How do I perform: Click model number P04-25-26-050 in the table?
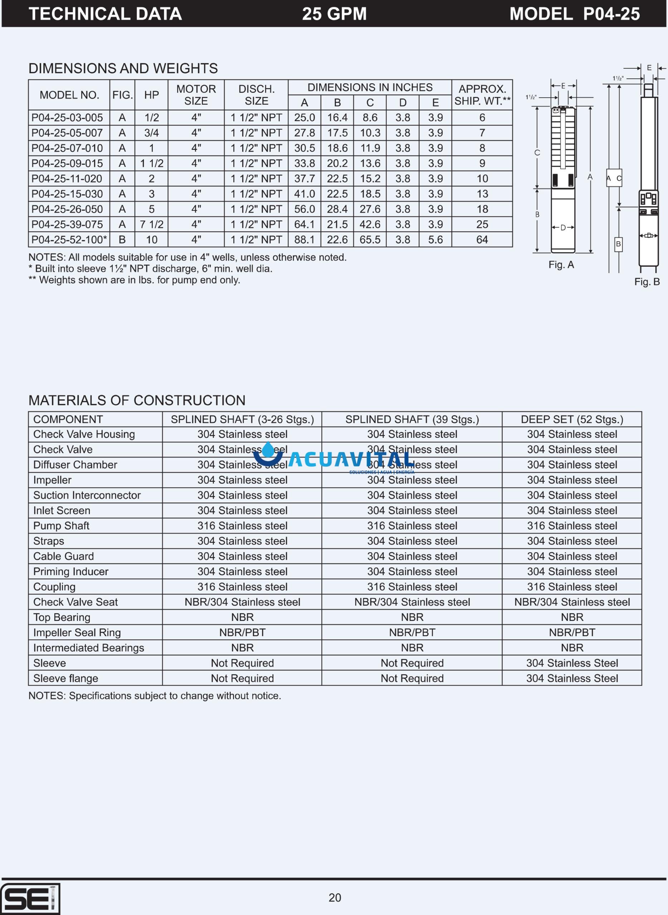click(x=67, y=209)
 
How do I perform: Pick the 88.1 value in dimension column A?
click(x=304, y=239)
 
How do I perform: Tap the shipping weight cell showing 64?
click(x=482, y=239)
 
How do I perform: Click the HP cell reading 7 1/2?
click(x=152, y=224)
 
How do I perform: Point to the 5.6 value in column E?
click(x=435, y=239)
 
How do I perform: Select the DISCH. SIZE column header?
click(x=257, y=95)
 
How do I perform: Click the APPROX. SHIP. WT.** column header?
click(x=482, y=95)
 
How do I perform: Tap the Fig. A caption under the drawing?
click(x=561, y=264)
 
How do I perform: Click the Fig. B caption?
click(x=647, y=282)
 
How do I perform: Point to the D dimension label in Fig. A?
click(x=563, y=228)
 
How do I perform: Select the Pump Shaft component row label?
click(x=61, y=526)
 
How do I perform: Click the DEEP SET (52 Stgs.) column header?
click(x=572, y=419)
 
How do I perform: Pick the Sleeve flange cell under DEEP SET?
click(x=572, y=678)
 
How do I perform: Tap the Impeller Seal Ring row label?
click(x=77, y=633)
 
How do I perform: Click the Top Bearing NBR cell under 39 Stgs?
click(x=412, y=617)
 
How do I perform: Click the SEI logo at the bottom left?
click(x=30, y=899)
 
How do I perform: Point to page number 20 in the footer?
click(x=335, y=897)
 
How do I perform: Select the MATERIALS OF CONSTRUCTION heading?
click(x=137, y=400)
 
